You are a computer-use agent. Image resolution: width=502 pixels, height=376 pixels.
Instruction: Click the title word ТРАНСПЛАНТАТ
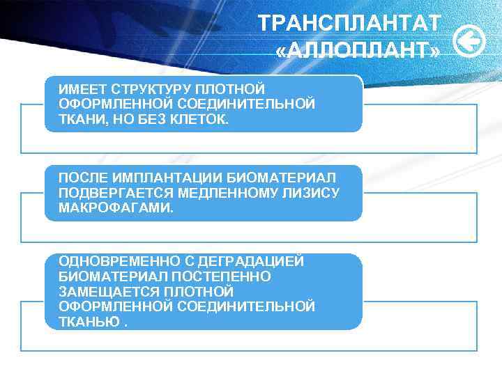349,23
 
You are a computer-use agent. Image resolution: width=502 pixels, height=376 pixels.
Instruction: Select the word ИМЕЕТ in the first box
80,90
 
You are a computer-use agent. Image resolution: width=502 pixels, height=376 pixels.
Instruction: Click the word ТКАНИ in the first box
78,119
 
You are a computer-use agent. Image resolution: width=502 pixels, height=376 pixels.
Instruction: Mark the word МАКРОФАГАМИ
115,207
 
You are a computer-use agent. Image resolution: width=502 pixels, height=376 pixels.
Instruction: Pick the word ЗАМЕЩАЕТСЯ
103,291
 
